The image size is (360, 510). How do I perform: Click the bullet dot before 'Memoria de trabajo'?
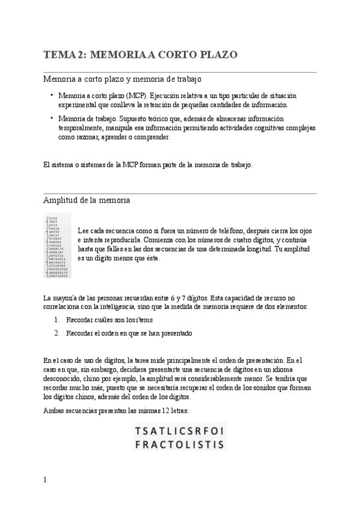click(52, 118)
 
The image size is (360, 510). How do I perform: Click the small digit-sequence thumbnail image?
click(58, 245)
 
